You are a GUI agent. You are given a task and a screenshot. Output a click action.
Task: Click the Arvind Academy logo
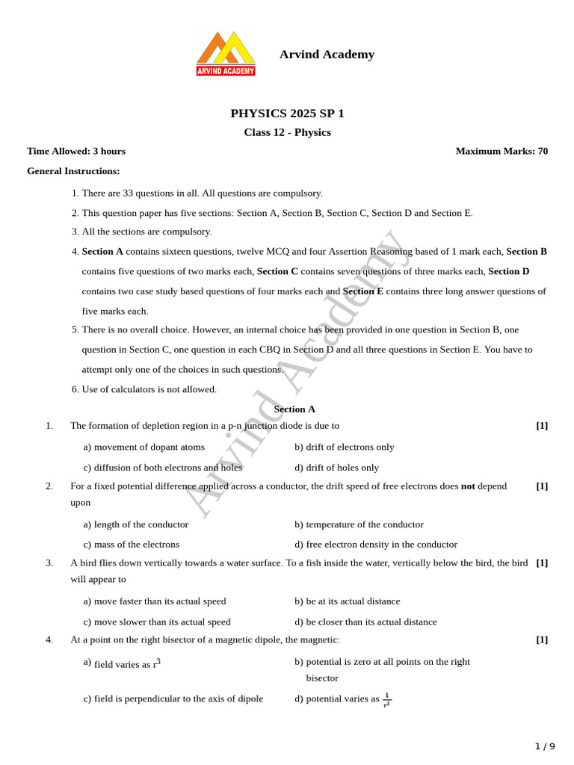click(x=226, y=54)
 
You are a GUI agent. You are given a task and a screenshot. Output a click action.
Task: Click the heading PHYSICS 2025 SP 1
click(x=287, y=114)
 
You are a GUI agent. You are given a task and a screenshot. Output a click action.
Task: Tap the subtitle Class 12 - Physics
click(x=287, y=133)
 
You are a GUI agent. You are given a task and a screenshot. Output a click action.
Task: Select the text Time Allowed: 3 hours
click(x=66, y=151)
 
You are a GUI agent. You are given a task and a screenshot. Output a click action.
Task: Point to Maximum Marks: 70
click(x=502, y=151)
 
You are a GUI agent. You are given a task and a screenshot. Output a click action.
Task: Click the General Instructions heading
click(x=73, y=171)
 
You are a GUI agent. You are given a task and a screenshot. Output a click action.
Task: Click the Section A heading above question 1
click(x=294, y=409)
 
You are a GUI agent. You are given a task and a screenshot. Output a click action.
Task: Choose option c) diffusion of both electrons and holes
click(x=163, y=468)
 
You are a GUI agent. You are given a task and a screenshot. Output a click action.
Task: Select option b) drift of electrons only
click(x=344, y=447)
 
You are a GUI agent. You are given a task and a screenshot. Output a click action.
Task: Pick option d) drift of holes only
click(x=336, y=468)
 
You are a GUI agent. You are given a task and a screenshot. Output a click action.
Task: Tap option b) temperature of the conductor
click(x=359, y=524)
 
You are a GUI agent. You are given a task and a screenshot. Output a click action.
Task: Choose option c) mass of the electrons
click(x=132, y=545)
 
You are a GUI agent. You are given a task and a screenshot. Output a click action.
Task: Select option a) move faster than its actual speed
click(x=155, y=601)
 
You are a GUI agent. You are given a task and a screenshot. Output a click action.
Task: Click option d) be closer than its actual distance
click(x=365, y=622)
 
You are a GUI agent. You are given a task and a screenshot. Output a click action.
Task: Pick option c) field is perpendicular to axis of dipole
click(x=173, y=699)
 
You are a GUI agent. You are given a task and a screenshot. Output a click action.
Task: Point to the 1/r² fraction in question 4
click(x=387, y=699)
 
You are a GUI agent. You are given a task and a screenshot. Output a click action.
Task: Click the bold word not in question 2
click(x=468, y=486)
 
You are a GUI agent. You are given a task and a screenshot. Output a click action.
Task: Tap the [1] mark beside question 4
click(x=542, y=639)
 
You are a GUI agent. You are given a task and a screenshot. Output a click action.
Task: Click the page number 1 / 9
click(x=545, y=746)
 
